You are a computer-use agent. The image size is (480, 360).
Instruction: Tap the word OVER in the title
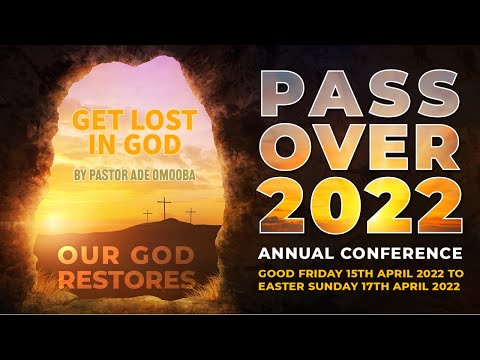click(360, 150)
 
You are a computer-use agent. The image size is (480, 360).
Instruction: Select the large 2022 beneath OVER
click(360, 205)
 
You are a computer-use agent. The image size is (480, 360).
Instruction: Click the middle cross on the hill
click(167, 209)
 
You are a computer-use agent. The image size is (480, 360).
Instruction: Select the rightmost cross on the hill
click(190, 214)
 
